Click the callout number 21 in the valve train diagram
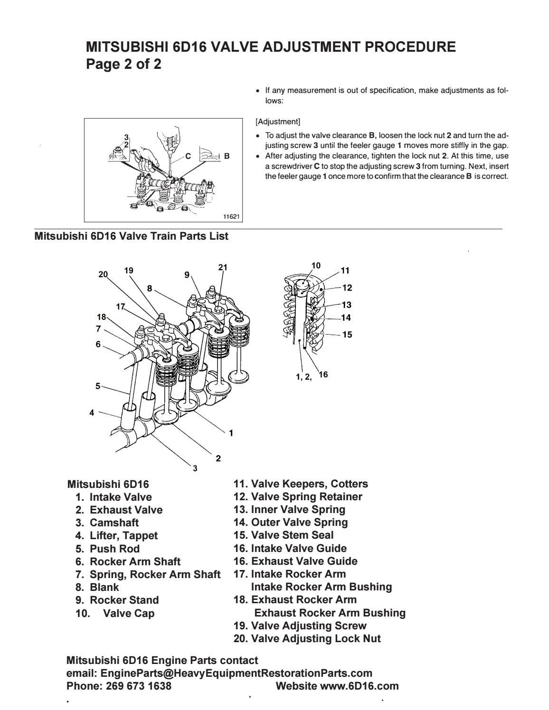coord(223,267)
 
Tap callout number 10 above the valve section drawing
coord(316,266)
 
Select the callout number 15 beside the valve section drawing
coord(347,335)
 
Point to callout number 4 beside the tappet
coord(92,413)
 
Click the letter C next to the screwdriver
coord(188,156)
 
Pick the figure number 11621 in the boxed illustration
coord(231,216)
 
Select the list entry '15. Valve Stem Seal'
coord(284,535)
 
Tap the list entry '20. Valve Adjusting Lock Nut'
coord(307,638)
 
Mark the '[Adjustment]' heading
coord(278,121)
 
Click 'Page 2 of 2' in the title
coord(123,64)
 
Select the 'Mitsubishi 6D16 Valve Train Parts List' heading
coord(131,236)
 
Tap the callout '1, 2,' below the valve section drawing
coord(303,377)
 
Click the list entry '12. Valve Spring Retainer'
coord(298,497)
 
